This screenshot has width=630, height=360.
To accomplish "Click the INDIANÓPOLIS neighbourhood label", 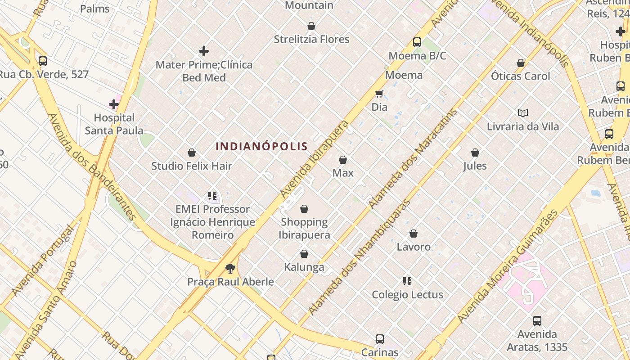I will coord(261,146).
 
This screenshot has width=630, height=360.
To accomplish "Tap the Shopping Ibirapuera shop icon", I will coord(304,209).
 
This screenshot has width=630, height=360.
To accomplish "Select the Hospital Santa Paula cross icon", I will coord(114,105).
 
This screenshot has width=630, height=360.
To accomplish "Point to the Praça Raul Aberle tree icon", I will coord(230,269).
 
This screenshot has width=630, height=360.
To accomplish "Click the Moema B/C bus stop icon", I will coord(417,42).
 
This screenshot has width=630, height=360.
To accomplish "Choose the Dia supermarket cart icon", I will coord(379,94).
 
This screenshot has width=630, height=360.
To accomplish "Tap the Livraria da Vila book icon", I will coord(522,113).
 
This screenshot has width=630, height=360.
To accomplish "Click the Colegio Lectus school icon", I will coord(407,282).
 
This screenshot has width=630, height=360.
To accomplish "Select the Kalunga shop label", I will coord(304,267).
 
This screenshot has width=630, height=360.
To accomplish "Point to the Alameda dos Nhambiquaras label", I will coord(359,257).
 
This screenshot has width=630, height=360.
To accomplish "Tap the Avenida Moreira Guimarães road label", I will coord(507,266).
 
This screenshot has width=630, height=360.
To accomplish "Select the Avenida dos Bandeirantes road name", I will coord(92,166).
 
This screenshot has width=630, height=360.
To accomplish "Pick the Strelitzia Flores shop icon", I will coord(311,26).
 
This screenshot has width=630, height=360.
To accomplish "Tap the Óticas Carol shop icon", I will coord(521,63).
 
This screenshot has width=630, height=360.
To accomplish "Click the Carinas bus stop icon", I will coord(380,339).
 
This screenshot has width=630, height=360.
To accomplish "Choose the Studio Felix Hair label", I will coord(192,166).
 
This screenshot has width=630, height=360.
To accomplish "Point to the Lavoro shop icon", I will coord(414,234).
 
